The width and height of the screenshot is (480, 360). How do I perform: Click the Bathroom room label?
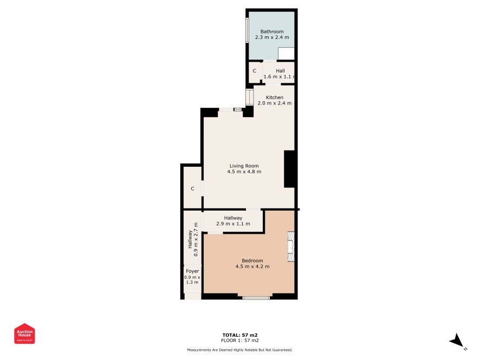272,31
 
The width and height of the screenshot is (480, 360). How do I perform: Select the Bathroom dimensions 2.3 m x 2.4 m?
272,37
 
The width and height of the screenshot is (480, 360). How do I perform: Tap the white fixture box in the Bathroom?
286,54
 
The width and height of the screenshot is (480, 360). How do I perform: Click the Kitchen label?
274,97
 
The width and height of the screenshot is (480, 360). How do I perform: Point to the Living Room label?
244,166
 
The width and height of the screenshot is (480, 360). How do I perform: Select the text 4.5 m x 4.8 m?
244,172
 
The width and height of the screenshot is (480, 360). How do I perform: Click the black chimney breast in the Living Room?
289,169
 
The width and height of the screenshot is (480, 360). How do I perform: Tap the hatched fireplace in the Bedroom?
291,246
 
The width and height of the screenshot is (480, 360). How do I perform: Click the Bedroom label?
252,260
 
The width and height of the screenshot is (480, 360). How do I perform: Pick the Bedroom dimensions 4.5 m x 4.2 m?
252,266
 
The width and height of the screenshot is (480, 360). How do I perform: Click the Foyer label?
192,271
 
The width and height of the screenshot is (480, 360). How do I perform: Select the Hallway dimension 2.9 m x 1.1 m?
233,224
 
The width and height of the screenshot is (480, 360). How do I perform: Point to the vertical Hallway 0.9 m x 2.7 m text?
193,239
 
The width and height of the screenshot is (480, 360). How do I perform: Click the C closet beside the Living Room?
192,188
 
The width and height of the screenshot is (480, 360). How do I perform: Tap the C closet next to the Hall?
255,71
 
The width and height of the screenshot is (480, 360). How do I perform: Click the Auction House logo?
24,333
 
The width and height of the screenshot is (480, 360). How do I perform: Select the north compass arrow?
457,341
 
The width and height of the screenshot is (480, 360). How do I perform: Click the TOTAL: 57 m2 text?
239,335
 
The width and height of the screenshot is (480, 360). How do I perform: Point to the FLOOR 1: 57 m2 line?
239,340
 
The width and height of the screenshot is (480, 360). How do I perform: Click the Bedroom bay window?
256,297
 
